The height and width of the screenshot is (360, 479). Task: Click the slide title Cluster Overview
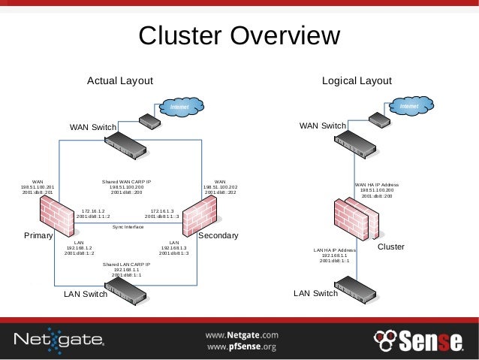(x=239, y=35)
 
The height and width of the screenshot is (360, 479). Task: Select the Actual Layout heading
(x=120, y=80)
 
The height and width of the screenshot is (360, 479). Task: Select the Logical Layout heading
(x=357, y=80)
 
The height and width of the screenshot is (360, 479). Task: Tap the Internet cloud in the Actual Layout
(x=178, y=108)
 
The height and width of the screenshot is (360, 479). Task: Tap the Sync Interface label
(x=128, y=226)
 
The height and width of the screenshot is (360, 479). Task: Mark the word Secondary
(x=218, y=236)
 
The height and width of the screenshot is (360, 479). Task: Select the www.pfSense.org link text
(x=242, y=347)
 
